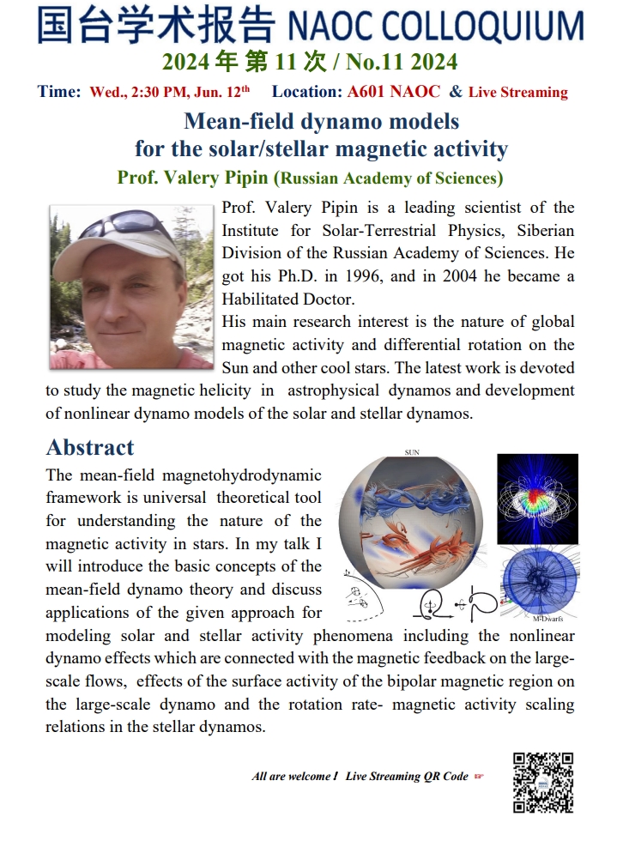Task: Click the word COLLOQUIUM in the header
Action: click(499, 27)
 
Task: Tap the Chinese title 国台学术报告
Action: click(156, 26)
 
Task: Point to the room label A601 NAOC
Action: click(394, 92)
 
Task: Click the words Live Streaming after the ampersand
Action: click(517, 93)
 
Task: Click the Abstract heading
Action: click(90, 447)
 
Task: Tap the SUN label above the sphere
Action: click(412, 451)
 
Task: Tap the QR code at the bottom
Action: click(542, 782)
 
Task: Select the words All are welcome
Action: click(293, 777)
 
